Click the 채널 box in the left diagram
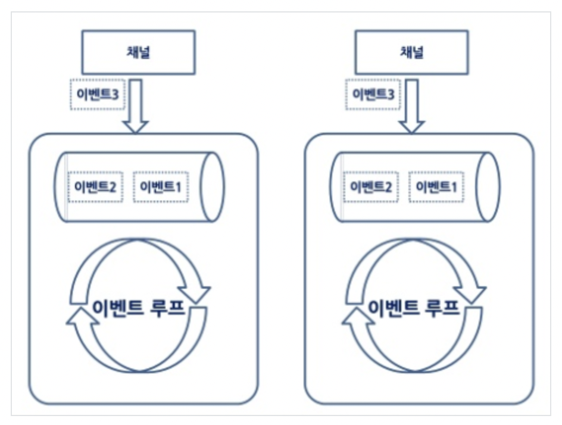pos(138,52)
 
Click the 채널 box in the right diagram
pos(411,52)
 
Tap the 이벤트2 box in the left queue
pos(95,187)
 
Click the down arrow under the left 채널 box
pos(135,107)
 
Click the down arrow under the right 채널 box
pos(411,107)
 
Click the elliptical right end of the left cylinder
pos(212,187)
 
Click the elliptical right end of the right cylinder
pos(488,187)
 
